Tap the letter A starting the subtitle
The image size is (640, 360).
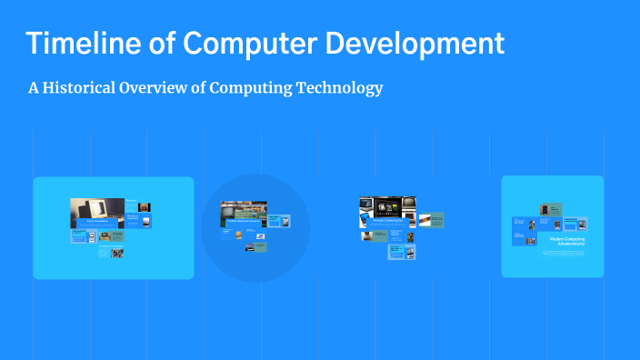[x=34, y=88]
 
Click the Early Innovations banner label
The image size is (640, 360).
[x=97, y=221]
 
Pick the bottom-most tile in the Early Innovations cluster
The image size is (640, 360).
[x=111, y=252]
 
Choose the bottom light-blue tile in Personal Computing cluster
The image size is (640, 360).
[x=395, y=252]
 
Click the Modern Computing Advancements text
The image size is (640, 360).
[x=567, y=241]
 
